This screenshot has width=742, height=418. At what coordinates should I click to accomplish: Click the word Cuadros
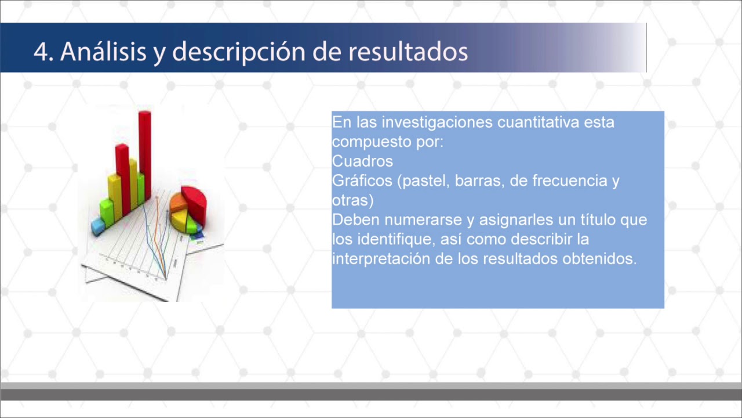(x=362, y=161)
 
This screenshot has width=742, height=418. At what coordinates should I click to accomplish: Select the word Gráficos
(x=362, y=181)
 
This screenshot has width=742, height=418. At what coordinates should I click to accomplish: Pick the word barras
(x=479, y=181)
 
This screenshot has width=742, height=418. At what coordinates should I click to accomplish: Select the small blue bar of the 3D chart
(x=97, y=225)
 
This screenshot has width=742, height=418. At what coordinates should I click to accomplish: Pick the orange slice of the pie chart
(x=178, y=203)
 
